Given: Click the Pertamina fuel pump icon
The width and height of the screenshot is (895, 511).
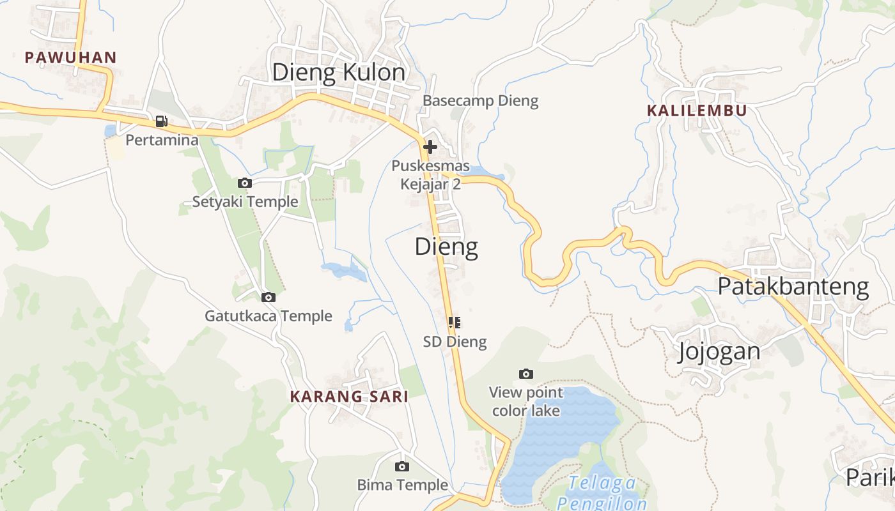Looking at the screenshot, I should pyautogui.click(x=162, y=121).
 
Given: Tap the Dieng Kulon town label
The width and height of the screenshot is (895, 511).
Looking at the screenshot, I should pyautogui.click(x=338, y=73).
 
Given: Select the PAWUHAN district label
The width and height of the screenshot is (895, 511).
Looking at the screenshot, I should pyautogui.click(x=70, y=57).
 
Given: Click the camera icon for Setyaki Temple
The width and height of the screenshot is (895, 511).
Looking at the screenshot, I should pyautogui.click(x=244, y=183).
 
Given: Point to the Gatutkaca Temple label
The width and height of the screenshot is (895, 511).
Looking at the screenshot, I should pyautogui.click(x=268, y=316).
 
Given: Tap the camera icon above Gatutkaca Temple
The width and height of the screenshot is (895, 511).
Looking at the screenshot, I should pyautogui.click(x=268, y=297).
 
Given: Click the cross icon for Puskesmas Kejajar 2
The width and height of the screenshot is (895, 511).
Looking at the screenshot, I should pyautogui.click(x=430, y=147).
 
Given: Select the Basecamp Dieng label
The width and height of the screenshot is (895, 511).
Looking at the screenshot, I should pyautogui.click(x=480, y=101).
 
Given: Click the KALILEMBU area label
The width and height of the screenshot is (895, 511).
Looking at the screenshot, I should pyautogui.click(x=696, y=111).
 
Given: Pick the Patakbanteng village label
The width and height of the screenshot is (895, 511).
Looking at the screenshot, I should pyautogui.click(x=793, y=287).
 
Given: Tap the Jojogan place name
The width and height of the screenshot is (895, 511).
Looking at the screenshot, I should pyautogui.click(x=719, y=351).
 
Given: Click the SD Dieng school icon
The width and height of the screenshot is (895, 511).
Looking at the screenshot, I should pyautogui.click(x=455, y=323).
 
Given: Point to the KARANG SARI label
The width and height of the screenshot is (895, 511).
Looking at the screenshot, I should pyautogui.click(x=349, y=397).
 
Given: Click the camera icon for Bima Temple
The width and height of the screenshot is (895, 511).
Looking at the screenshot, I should pyautogui.click(x=401, y=466).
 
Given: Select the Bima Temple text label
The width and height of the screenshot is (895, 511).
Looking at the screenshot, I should pyautogui.click(x=402, y=485).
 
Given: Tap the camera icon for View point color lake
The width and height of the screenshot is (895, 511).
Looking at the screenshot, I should pyautogui.click(x=526, y=374).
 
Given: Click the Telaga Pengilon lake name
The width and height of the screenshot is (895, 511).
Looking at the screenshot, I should pyautogui.click(x=602, y=492).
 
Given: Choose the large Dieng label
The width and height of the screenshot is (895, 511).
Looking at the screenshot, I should pyautogui.click(x=446, y=247).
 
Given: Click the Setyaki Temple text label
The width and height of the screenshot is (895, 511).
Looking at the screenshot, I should pyautogui.click(x=245, y=202).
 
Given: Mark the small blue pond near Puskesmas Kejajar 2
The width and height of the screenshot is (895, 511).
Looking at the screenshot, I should pyautogui.click(x=476, y=171).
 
